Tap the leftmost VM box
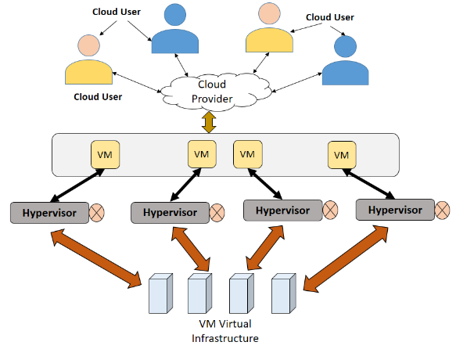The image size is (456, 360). click(106, 154)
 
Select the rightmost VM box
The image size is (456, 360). click(342, 155)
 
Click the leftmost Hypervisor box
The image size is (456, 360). click(49, 213)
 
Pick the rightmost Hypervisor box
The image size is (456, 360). click(395, 210)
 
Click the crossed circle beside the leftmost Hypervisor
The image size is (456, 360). click(96, 213)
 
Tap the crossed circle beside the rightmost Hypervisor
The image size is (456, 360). click(443, 210)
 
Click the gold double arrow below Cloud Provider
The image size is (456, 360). click(209, 122)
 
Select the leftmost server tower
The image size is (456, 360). click(161, 293)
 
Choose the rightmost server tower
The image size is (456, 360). click(284, 293)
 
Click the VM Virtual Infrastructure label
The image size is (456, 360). click(225, 331)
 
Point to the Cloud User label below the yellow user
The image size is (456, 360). click(98, 97)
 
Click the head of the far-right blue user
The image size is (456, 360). click(345, 46)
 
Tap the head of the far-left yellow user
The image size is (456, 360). click(88, 45)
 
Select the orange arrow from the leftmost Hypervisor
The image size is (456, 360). click(96, 258)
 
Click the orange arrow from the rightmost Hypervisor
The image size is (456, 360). click(346, 259)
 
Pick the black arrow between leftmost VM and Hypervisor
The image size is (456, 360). click(77, 185)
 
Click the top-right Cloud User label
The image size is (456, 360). click(330, 17)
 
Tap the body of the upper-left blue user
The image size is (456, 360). click(175, 41)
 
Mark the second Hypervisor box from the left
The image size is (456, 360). click(171, 213)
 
